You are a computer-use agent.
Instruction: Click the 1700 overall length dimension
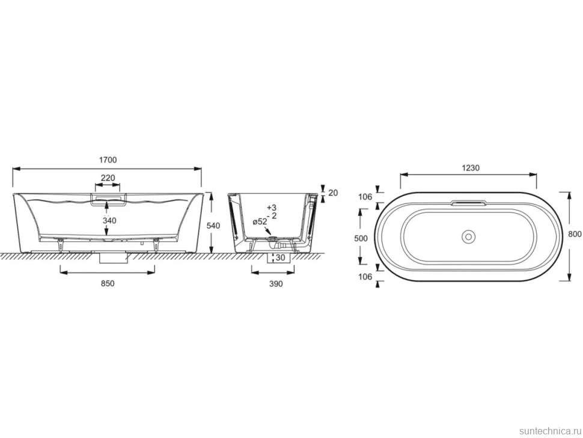(108, 160)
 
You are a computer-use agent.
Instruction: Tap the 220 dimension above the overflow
(108, 178)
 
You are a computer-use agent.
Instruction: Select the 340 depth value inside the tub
(109, 221)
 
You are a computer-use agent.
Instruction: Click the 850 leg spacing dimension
(108, 283)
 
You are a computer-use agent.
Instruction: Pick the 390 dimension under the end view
(276, 284)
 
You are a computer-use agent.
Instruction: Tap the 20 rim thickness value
(334, 193)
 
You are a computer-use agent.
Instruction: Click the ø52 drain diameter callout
(260, 222)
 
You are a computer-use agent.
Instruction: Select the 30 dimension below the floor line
(280, 258)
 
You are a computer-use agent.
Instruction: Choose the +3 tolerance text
(272, 208)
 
